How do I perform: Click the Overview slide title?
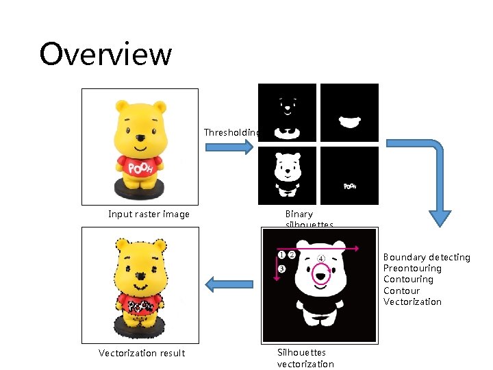pyautogui.click(x=105, y=54)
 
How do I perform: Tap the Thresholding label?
pyautogui.click(x=231, y=132)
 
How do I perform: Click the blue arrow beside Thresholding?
pyautogui.click(x=239, y=147)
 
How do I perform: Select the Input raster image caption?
pyautogui.click(x=149, y=214)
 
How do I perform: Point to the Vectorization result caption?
pyautogui.click(x=142, y=353)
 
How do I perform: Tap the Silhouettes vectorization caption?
pyautogui.click(x=305, y=358)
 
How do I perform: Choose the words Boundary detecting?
pyautogui.click(x=427, y=257)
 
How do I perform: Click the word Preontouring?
pyautogui.click(x=412, y=268)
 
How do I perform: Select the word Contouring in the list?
pyautogui.click(x=408, y=279)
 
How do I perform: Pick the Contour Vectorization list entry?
pyautogui.click(x=412, y=296)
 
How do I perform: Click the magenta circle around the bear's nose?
pyautogui.click(x=320, y=273)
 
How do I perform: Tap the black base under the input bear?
pyautogui.click(x=140, y=190)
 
